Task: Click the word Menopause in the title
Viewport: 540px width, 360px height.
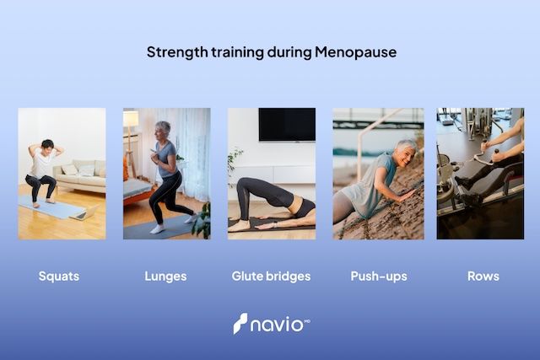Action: [355, 52]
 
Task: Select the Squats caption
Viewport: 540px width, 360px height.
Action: [59, 276]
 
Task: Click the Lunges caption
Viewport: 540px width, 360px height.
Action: [166, 276]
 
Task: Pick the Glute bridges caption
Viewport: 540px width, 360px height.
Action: [271, 276]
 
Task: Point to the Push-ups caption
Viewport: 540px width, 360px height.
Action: [375, 276]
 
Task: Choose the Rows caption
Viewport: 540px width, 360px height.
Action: [483, 276]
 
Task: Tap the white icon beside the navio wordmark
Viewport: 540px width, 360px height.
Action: [240, 324]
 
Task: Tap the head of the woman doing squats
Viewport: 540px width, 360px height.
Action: [46, 146]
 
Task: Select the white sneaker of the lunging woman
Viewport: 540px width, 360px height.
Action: [158, 228]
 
